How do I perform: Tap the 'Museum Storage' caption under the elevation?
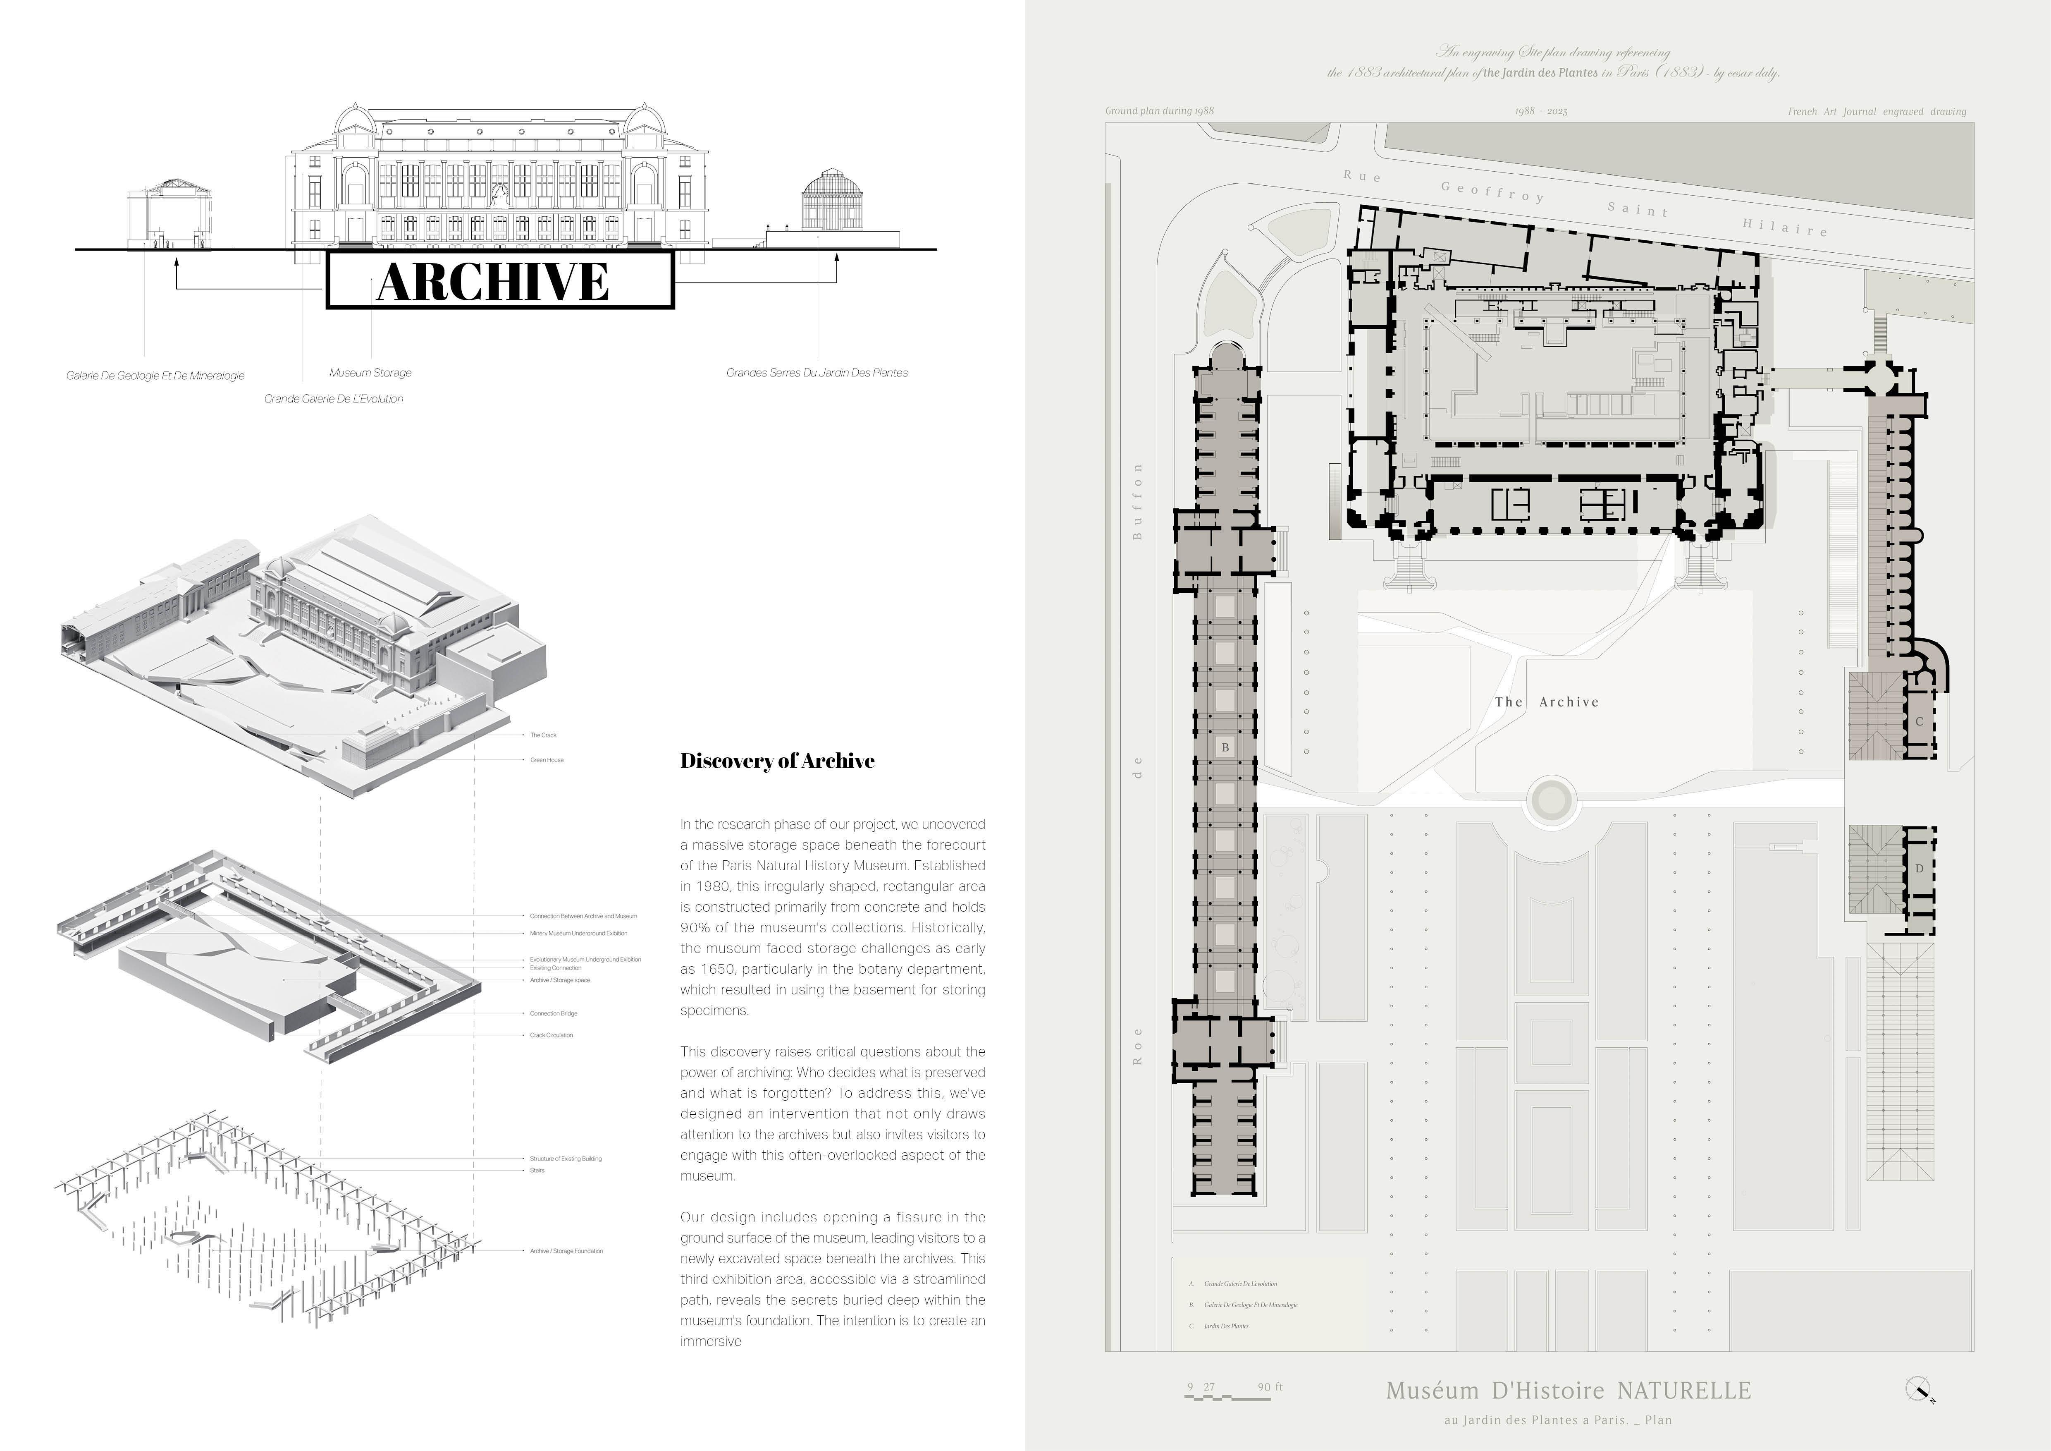click(370, 373)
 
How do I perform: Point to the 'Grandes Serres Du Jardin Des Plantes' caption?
click(817, 373)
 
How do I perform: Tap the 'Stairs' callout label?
click(537, 1171)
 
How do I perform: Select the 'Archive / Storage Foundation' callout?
click(566, 1251)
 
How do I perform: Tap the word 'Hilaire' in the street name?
click(1784, 227)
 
